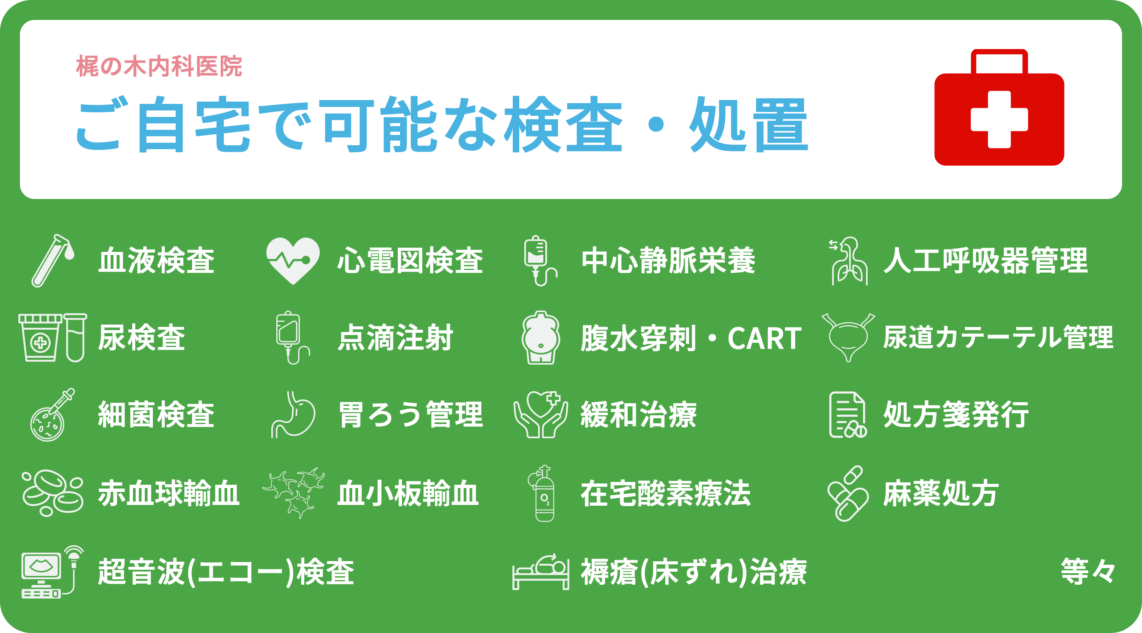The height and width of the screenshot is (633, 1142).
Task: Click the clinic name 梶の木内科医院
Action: [x=159, y=67]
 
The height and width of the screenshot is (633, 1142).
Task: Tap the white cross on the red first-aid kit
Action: [x=999, y=119]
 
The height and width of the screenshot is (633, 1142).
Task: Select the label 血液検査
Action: [x=156, y=260]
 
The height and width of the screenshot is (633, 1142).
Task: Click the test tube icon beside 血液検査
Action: [x=51, y=261]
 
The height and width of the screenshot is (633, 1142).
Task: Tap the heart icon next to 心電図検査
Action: [x=293, y=260]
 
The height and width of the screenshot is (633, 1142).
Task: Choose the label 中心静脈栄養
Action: [x=668, y=260]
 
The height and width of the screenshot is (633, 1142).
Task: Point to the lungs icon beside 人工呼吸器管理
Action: [x=849, y=262]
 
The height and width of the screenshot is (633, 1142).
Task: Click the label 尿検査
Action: [x=141, y=338]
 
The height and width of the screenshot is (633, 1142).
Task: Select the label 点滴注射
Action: [x=395, y=338]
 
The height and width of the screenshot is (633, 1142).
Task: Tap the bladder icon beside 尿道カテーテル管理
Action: [x=848, y=337]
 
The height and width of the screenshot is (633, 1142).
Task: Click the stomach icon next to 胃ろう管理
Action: [x=294, y=415]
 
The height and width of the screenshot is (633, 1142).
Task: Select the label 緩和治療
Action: [x=639, y=415]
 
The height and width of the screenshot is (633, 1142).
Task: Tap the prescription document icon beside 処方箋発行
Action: [x=847, y=415]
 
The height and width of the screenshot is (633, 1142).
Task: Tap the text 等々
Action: [x=1088, y=571]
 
